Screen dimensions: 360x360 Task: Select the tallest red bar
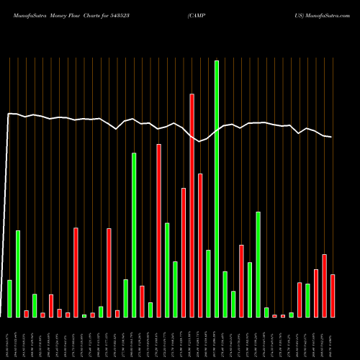[x=192, y=205]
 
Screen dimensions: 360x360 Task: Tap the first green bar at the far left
[x=10, y=299]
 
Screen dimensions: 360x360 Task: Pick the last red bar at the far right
[x=333, y=296]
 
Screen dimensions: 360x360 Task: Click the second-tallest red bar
[x=158, y=230]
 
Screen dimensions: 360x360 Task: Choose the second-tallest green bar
[x=134, y=235]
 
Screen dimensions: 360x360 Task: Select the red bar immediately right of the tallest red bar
[x=200, y=245]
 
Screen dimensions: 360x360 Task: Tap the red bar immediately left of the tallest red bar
[x=184, y=252]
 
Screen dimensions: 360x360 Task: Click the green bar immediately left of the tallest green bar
[x=208, y=284]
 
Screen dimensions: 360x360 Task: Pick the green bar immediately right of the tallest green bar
[x=225, y=294]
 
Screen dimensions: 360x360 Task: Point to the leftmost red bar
[x=27, y=313]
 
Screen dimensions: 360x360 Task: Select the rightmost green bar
[x=307, y=300]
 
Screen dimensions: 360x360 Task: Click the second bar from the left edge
[x=18, y=274]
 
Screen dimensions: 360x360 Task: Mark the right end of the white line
[x=332, y=137]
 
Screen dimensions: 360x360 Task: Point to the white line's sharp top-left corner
[x=9, y=114]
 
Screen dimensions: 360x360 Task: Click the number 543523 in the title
[x=136, y=15]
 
